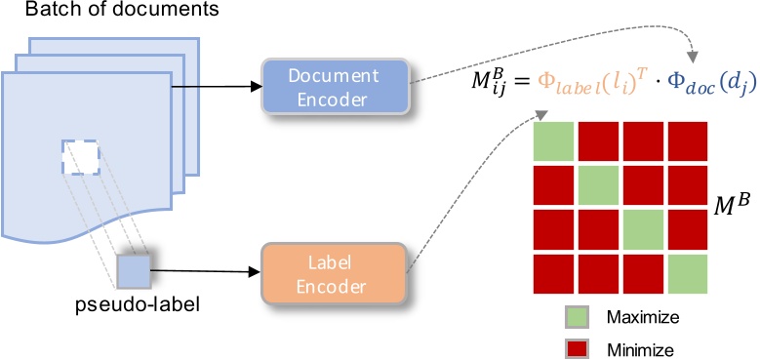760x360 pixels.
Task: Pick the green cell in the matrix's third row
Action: pos(644,229)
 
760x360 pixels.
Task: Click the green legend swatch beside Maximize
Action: pos(577,317)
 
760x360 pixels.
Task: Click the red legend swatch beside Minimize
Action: pos(577,345)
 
